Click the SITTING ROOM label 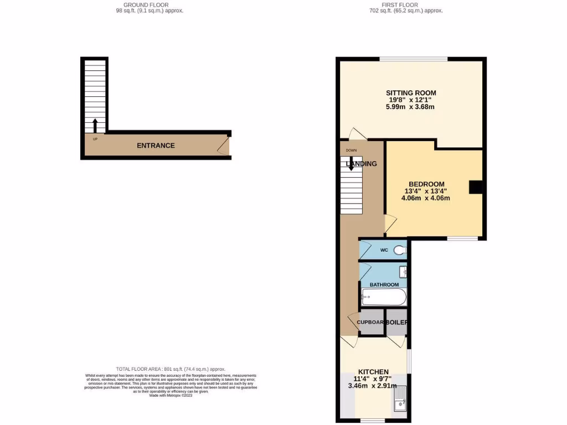(411, 93)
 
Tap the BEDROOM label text (426, 184)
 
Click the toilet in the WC (400, 251)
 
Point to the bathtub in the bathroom (383, 297)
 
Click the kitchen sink (400, 400)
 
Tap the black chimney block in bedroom (475, 188)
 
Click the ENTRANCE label (156, 146)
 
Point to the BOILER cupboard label (397, 322)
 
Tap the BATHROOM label (384, 284)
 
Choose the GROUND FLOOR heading (146, 5)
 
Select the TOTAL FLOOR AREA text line (171, 369)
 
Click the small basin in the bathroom (403, 271)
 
